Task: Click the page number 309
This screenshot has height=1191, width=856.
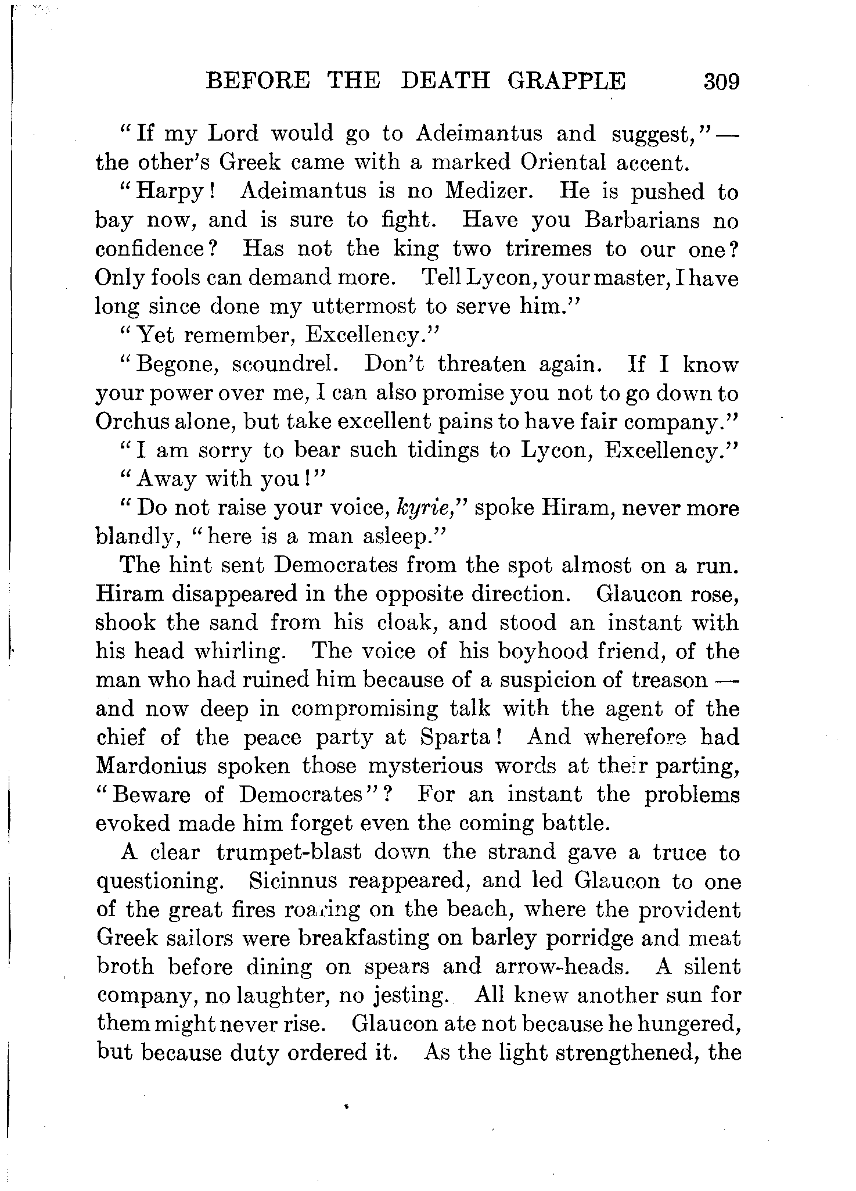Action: pyautogui.click(x=721, y=81)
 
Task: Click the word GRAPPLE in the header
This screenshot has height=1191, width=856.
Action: pyautogui.click(x=567, y=80)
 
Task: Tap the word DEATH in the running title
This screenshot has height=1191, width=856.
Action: pyautogui.click(x=445, y=80)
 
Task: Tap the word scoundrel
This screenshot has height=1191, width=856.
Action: pyautogui.click(x=283, y=364)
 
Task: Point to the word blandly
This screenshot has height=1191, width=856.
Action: pyautogui.click(x=134, y=537)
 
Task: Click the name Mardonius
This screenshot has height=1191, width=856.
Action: pyautogui.click(x=152, y=766)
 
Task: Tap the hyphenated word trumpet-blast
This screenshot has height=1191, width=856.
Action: pyautogui.click(x=289, y=852)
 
